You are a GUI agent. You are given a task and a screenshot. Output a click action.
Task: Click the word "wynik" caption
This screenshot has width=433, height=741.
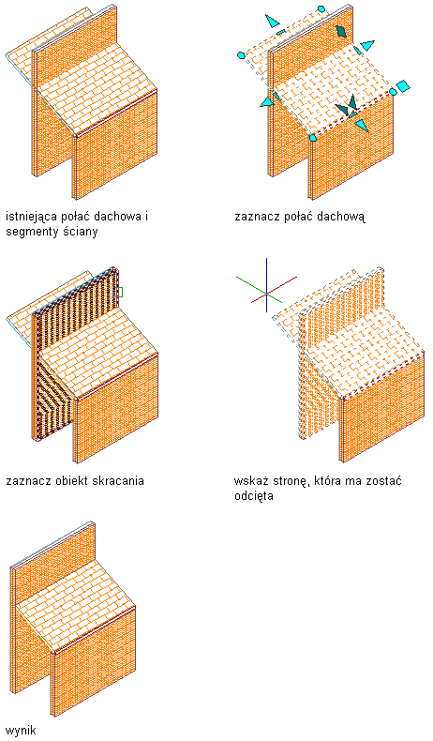(x=21, y=730)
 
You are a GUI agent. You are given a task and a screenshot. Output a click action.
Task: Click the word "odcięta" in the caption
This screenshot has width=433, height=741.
(x=254, y=496)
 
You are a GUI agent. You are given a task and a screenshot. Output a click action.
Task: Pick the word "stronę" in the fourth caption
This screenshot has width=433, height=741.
(x=288, y=481)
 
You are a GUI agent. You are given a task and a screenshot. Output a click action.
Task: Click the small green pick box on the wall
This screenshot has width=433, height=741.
(x=119, y=293)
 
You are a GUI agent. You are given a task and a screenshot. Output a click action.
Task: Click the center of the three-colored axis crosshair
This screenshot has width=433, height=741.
(x=267, y=294)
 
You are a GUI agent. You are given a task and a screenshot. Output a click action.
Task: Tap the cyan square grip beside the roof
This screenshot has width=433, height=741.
(x=403, y=86)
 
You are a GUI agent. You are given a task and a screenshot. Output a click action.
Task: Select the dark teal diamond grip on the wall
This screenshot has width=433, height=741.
(x=341, y=31)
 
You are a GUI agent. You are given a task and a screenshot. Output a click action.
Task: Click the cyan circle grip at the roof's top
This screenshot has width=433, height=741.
(x=321, y=9)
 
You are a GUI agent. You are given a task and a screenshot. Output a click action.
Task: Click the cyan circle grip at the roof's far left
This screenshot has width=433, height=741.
(x=240, y=55)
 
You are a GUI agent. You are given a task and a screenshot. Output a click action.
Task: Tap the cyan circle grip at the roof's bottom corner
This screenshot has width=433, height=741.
(x=313, y=138)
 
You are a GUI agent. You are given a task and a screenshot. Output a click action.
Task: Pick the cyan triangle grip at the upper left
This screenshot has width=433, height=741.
(x=272, y=21)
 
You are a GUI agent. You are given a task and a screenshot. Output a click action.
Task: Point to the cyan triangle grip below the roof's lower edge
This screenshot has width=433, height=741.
(x=361, y=126)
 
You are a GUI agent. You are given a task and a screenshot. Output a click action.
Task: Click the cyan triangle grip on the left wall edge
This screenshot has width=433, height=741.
(x=267, y=100)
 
